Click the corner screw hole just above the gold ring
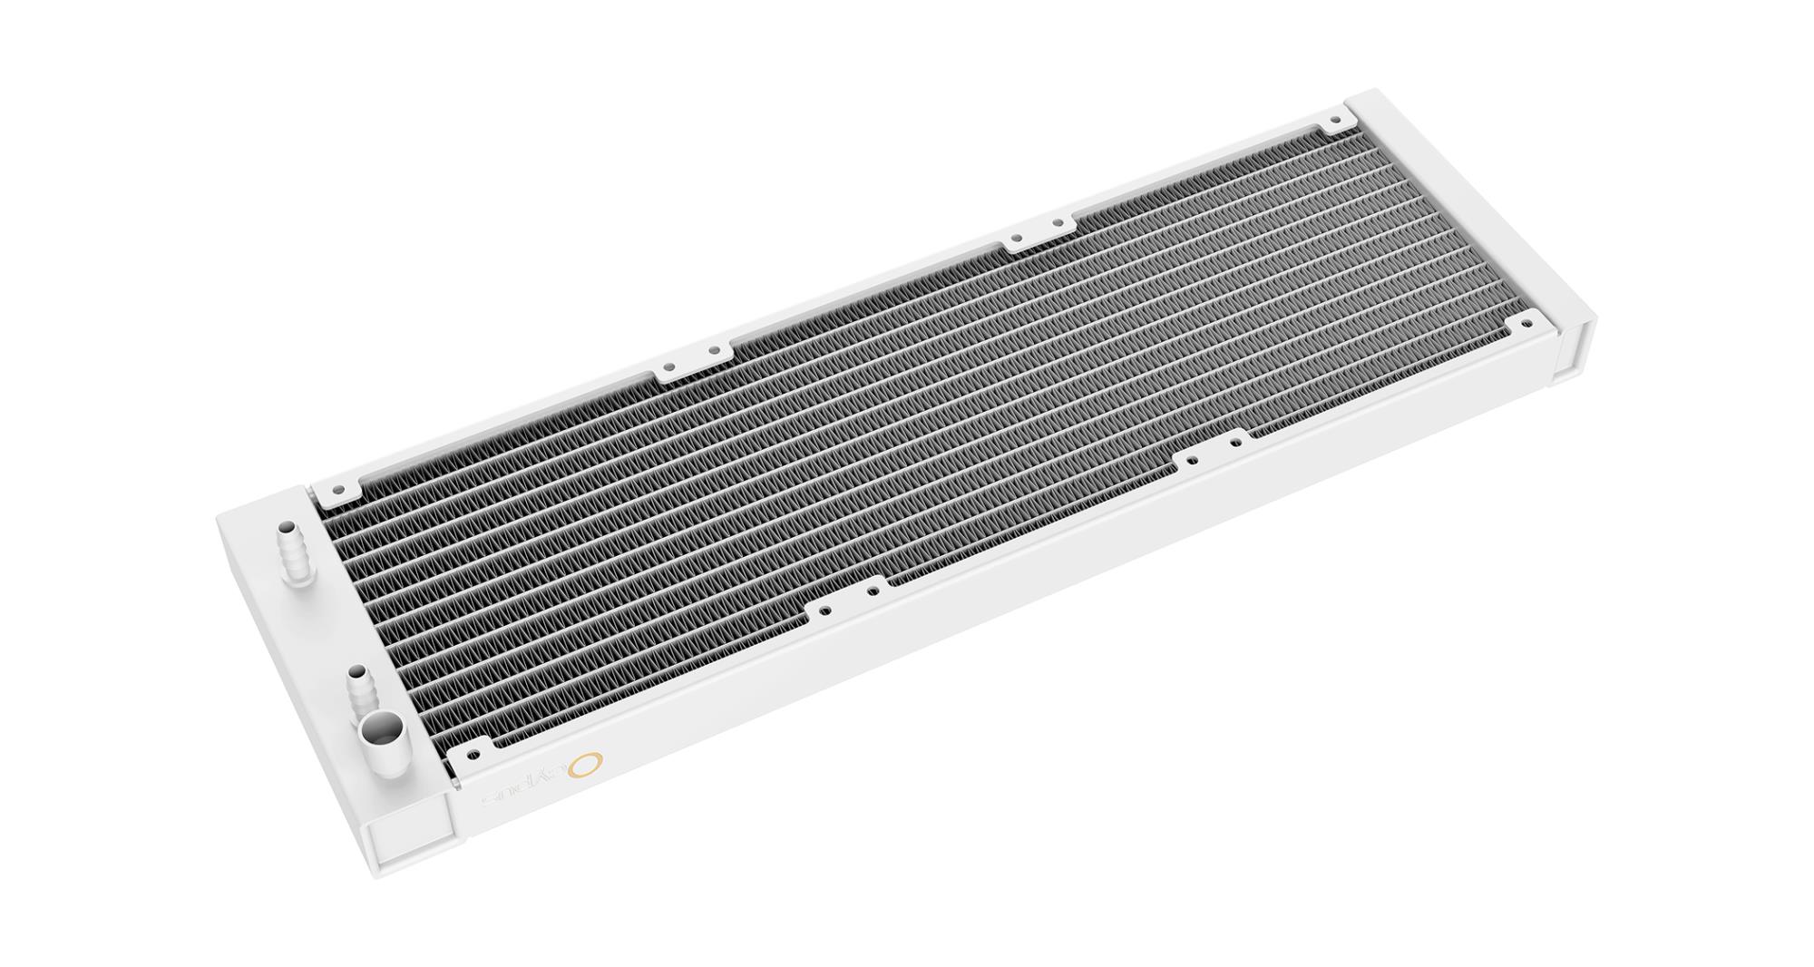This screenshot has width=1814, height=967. tap(473, 754)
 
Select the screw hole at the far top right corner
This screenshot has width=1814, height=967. tap(1334, 120)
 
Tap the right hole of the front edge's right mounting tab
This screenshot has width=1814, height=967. tap(1234, 444)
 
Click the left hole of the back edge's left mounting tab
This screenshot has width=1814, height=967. tap(668, 368)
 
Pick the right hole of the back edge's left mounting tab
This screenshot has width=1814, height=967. tap(715, 349)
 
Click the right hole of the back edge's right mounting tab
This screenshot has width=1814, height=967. tap(1057, 222)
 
